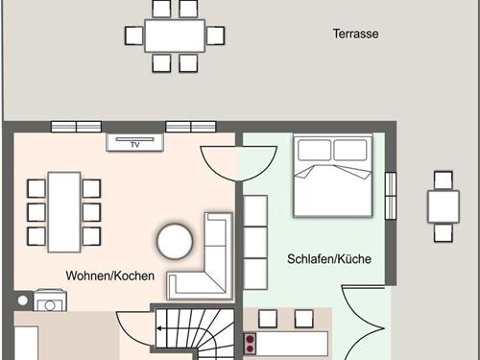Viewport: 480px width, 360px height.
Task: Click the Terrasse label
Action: pyautogui.click(x=355, y=34)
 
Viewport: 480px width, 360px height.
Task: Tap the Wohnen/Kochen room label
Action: pyautogui.click(x=110, y=276)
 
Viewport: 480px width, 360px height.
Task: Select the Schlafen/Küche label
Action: pyautogui.click(x=329, y=259)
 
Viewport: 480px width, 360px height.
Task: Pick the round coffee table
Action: pyautogui.click(x=176, y=241)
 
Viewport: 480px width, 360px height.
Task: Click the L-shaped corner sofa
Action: pyautogui.click(x=206, y=264)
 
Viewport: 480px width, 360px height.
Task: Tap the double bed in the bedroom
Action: pyautogui.click(x=331, y=175)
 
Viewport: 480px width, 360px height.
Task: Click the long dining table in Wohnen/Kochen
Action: pyautogui.click(x=63, y=210)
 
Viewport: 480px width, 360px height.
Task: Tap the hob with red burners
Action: pyautogui.click(x=251, y=343)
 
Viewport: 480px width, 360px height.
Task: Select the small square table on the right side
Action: pyautogui.click(x=443, y=205)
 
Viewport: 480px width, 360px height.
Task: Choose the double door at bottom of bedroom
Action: pyautogui.click(x=362, y=326)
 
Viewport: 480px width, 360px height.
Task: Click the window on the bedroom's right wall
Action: pyautogui.click(x=390, y=197)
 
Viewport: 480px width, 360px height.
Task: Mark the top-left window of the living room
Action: pyautogui.click(x=76, y=126)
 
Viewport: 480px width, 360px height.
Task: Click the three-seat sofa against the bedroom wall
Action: pyautogui.click(x=255, y=242)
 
